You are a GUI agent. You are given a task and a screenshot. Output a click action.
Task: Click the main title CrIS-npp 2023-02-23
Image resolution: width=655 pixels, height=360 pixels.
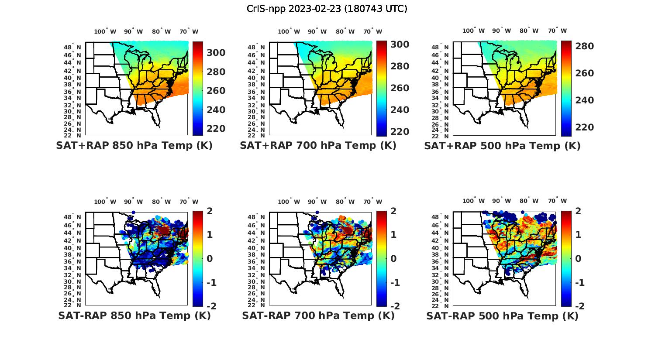pyautogui.click(x=327, y=8)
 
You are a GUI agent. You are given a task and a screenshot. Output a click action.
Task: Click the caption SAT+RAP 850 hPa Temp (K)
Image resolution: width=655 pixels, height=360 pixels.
pyautogui.click(x=134, y=146)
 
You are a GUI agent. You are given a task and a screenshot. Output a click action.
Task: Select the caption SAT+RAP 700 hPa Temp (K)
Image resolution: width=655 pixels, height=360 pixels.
pyautogui.click(x=318, y=146)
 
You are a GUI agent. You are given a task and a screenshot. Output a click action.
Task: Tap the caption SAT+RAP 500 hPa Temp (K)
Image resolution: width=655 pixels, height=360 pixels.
pyautogui.click(x=502, y=146)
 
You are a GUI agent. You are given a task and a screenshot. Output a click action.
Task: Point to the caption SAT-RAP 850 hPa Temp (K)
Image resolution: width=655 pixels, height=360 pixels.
pyautogui.click(x=134, y=315)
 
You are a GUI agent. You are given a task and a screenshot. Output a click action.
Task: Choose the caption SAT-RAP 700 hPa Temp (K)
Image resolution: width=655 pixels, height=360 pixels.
pyautogui.click(x=318, y=315)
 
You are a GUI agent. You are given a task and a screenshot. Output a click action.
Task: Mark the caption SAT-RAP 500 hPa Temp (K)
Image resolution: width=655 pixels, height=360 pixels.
pyautogui.click(x=502, y=316)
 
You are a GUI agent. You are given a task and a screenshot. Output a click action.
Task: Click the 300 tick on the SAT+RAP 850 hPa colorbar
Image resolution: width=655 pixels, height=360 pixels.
pyautogui.click(x=216, y=53)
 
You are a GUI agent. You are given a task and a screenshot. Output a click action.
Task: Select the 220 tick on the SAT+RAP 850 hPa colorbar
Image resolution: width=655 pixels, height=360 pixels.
pyautogui.click(x=216, y=129)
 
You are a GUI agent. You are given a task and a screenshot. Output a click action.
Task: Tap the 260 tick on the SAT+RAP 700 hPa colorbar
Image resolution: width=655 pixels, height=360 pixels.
pyautogui.click(x=400, y=88)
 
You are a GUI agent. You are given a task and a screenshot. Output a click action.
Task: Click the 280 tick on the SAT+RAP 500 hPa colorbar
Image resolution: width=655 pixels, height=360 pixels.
pyautogui.click(x=584, y=46)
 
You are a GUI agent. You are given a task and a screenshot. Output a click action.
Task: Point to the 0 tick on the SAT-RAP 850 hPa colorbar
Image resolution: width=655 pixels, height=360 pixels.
pyautogui.click(x=210, y=259)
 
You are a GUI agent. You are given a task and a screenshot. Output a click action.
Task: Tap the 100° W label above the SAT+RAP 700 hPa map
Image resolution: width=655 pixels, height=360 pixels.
pyautogui.click(x=289, y=31)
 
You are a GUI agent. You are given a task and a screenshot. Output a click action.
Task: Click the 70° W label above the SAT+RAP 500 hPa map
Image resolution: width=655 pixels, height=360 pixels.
pyautogui.click(x=558, y=31)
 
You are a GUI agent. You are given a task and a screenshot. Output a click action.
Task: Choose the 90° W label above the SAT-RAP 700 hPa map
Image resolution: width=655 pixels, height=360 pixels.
pyautogui.click(x=317, y=202)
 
